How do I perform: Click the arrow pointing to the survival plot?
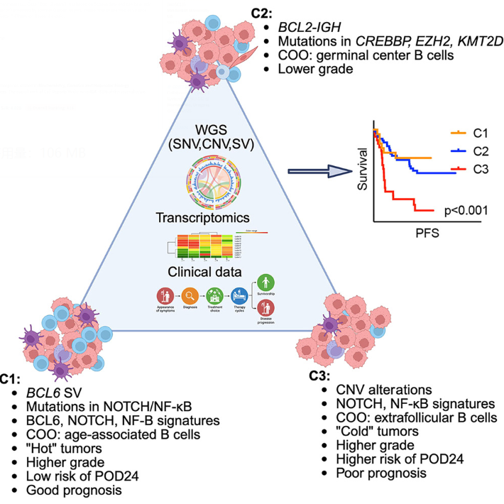(x=317, y=170)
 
